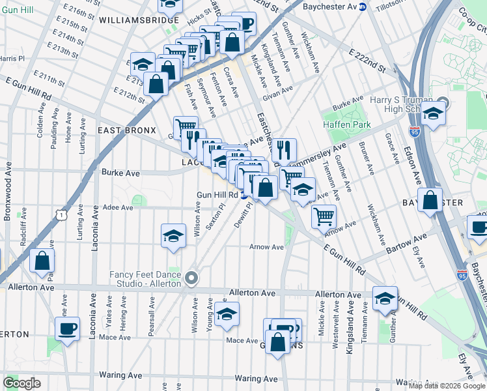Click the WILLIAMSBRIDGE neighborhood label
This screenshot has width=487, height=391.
point(139,21)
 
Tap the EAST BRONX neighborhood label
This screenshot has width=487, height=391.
point(127,130)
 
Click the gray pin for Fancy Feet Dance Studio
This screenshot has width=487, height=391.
point(191,278)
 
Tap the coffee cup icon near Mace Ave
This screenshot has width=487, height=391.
point(67,328)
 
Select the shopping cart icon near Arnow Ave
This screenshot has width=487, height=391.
point(323,216)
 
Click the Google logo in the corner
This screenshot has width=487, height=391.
point(21,383)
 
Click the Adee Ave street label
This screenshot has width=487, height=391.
point(118,207)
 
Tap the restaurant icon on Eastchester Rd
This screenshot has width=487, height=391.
point(283,150)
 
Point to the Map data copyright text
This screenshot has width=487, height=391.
point(447,385)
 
